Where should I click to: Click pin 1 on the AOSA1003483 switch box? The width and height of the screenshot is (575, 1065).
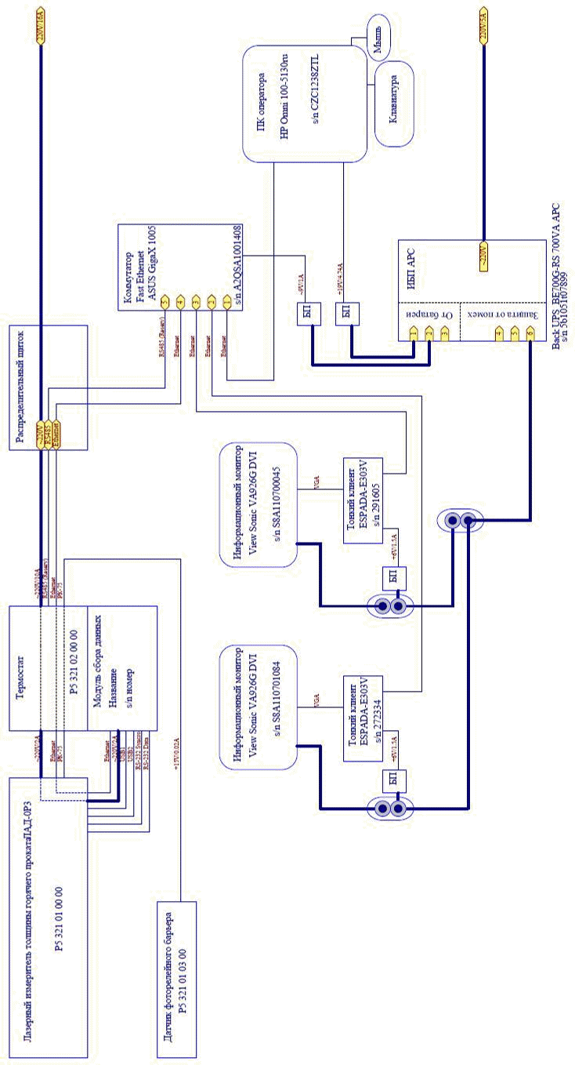[x=226, y=301]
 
